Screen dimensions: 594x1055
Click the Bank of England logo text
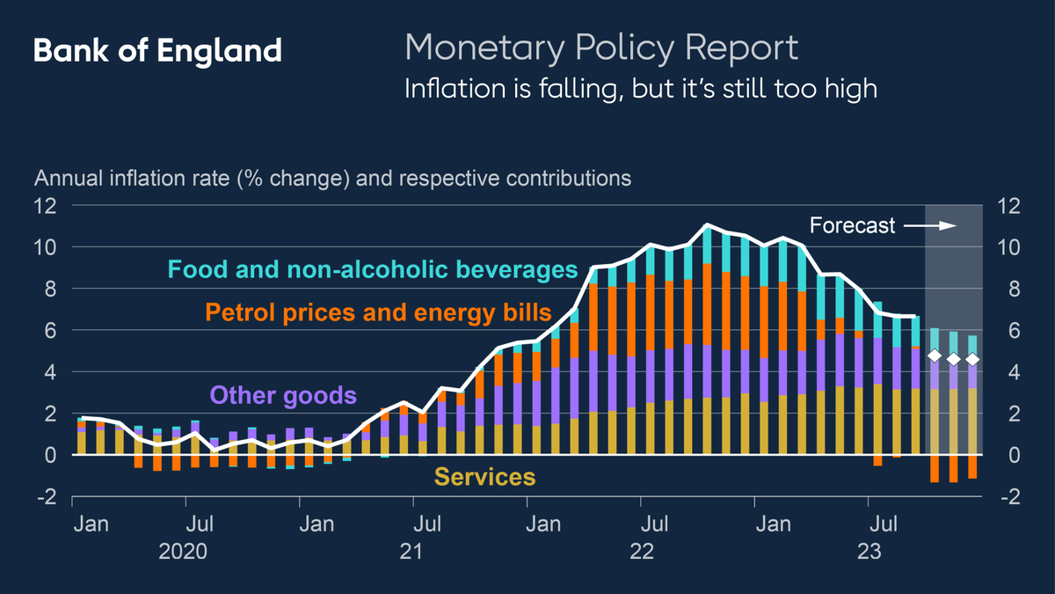[x=157, y=51]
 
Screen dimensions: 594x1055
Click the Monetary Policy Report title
[x=601, y=48]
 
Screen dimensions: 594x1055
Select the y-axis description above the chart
[x=332, y=178]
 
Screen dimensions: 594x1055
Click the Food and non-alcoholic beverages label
[x=373, y=268]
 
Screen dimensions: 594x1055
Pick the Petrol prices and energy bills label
[x=378, y=312]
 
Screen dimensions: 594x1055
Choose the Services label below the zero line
[x=484, y=477]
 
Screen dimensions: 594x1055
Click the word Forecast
[x=852, y=226]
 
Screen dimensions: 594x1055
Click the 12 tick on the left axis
[x=46, y=206]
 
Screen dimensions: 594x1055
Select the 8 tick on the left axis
[x=51, y=289]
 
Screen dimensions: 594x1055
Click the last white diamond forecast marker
[x=972, y=358]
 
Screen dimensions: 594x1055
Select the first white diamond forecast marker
[x=935, y=356]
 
